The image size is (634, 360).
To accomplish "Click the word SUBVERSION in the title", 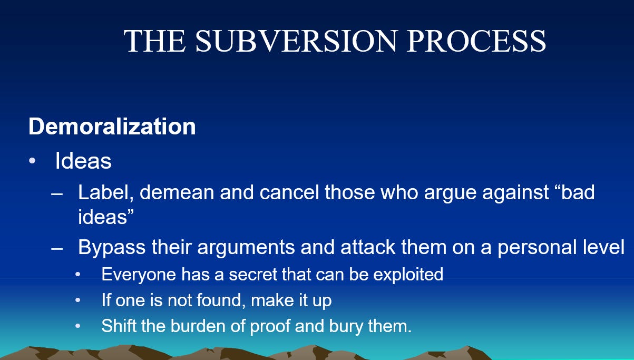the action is click(x=296, y=41).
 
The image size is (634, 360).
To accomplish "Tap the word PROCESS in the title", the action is click(x=476, y=41).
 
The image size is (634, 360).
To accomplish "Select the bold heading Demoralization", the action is click(x=112, y=126).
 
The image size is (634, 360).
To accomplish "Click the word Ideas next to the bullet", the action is click(x=83, y=161).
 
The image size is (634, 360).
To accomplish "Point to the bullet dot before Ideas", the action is click(x=32, y=161).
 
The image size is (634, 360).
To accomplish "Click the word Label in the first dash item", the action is click(x=105, y=192).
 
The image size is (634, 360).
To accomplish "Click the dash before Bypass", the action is click(x=57, y=249).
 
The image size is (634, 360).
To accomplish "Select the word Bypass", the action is click(x=112, y=248).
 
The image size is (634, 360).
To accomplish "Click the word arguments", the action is click(x=246, y=248).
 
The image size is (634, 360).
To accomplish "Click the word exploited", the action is click(x=408, y=274).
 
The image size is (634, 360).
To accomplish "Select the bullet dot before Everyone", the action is click(x=78, y=274).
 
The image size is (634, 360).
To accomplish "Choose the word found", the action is click(x=220, y=300).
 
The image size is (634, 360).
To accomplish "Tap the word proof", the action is click(x=270, y=326).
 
